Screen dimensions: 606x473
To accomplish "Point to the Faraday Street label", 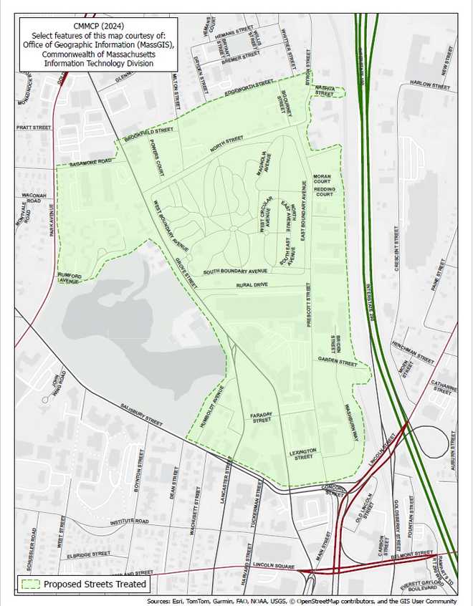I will click(261, 418).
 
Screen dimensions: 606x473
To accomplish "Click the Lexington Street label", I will click(304, 453).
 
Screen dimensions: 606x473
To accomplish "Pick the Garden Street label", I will click(338, 362).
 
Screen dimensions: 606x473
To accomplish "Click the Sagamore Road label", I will click(92, 163).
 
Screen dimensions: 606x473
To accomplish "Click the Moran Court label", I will click(322, 178).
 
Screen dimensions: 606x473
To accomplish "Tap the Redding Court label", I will click(325, 192).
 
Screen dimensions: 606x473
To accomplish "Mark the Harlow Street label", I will click(430, 85).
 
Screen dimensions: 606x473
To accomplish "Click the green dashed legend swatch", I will click(29, 585).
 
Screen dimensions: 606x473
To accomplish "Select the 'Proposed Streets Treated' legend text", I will click(95, 585).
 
